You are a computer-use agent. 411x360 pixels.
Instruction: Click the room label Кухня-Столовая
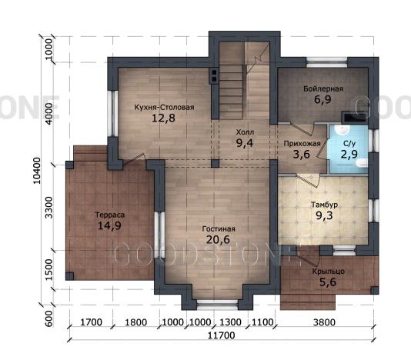point(164,108)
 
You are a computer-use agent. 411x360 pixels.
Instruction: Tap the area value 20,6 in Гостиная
point(218,239)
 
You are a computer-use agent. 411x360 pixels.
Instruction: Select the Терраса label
point(109,215)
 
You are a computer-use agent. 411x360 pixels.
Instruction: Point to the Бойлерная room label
point(323,88)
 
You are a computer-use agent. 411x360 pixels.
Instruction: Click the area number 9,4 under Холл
point(244,143)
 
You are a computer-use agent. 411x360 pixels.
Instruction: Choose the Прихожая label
point(302,144)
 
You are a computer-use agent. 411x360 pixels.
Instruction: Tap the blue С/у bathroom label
point(349,144)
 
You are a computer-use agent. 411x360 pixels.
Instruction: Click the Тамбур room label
point(324,205)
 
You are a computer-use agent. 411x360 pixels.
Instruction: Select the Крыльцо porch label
point(328,272)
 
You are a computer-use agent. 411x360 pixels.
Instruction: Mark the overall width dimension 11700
point(221,335)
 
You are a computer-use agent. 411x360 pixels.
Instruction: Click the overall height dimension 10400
point(37,170)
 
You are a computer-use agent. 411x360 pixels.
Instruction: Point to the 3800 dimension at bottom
point(324,322)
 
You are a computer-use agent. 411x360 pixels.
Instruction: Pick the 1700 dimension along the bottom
point(91,322)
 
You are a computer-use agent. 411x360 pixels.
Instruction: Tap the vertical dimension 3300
point(49,208)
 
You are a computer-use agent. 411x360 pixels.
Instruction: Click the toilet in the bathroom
point(362,163)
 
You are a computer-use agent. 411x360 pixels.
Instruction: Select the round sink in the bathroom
point(342,130)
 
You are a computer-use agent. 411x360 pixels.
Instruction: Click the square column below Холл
point(215,164)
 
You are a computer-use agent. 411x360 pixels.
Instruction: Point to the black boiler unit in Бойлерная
point(354,117)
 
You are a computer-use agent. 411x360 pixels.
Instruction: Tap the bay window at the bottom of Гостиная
point(217,302)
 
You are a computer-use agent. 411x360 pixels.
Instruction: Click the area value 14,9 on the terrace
point(109,225)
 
